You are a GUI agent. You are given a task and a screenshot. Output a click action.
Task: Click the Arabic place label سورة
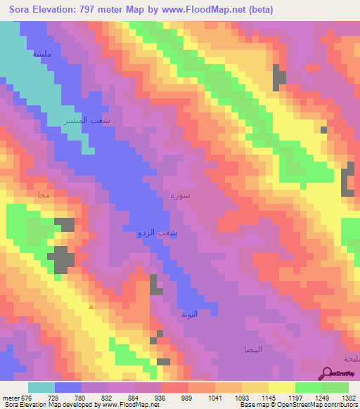click(180, 196)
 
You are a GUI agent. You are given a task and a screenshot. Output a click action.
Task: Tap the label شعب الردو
click(156, 231)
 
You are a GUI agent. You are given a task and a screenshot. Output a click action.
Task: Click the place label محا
click(44, 195)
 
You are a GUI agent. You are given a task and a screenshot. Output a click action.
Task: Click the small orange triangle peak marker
click(90, 306)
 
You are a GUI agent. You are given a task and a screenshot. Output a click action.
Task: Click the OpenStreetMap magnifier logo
click(326, 372)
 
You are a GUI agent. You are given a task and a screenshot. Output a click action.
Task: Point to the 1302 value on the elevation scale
click(349, 397)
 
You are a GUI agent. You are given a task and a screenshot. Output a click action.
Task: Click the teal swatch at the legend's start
click(41, 387)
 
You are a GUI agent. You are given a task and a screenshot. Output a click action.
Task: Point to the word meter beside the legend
click(8, 397)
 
